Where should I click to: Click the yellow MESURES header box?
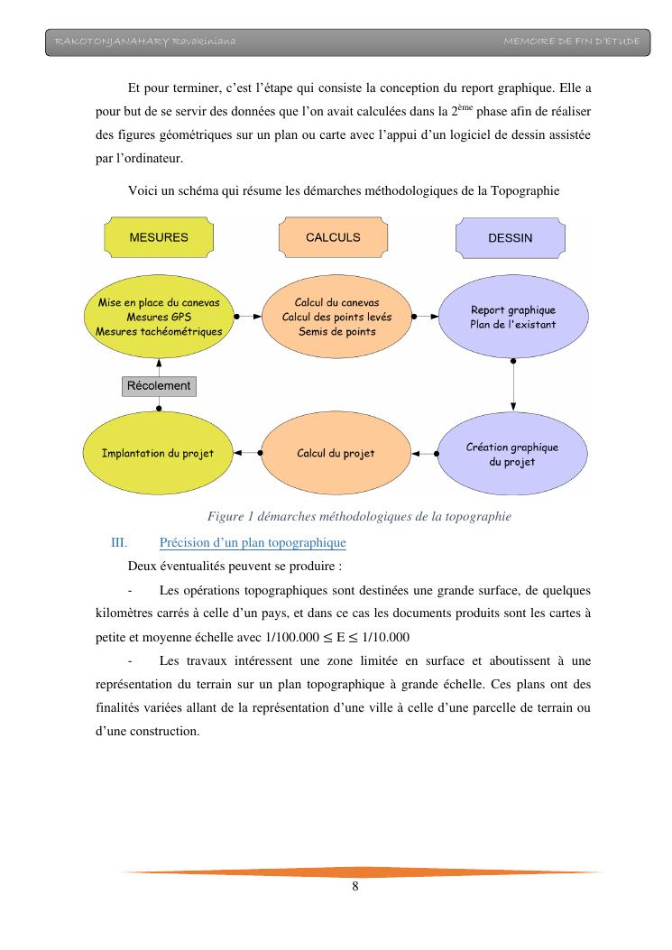coord(159,237)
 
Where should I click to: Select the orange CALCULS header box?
coord(333,237)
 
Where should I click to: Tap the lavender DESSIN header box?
coord(510,238)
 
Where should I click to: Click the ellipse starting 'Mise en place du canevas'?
coord(159,317)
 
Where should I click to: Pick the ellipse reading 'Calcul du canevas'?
coord(336,317)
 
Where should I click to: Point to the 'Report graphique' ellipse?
coord(512,317)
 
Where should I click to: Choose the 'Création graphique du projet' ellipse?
coord(512,454)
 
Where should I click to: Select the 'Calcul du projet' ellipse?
coord(336,453)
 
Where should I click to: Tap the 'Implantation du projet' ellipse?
coord(158,453)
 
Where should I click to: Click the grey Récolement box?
coord(159,385)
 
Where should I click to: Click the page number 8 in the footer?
coord(355,887)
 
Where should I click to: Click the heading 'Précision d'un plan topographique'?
coord(253,543)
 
